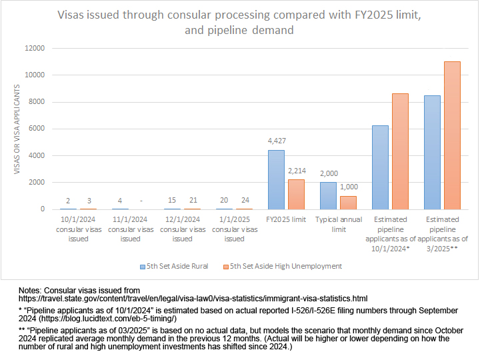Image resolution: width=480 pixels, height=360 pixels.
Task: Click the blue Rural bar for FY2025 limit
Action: point(276,180)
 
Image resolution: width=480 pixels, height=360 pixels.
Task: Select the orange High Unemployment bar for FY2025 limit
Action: point(296,195)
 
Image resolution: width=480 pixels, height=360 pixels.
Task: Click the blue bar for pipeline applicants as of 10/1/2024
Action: point(380,167)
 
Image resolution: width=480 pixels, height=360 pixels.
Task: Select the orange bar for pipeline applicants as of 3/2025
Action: point(452,135)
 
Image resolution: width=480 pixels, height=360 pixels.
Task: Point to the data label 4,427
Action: point(276,141)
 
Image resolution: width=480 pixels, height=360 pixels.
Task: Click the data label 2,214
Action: point(297,171)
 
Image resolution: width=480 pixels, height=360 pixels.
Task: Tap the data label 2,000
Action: point(329,173)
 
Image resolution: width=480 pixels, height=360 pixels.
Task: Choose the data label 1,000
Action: point(349,187)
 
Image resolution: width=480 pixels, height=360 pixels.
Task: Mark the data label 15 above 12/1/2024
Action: point(172,200)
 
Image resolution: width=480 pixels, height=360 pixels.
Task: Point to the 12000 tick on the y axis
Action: point(35,49)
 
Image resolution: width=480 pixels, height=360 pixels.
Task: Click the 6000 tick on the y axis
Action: point(37,129)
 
